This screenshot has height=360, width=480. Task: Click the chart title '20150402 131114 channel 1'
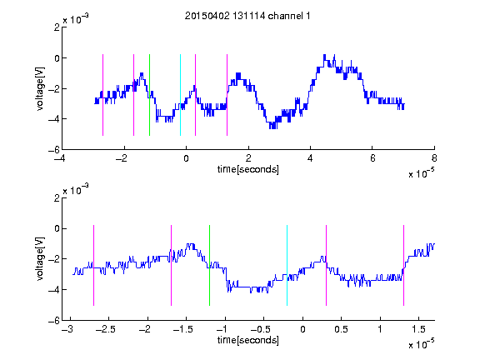(247, 16)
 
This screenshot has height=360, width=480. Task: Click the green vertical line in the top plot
(149, 95)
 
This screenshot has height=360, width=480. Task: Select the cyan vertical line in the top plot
(180, 95)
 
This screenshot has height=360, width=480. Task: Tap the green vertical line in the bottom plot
(209, 265)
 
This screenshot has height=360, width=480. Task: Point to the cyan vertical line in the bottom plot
(287, 265)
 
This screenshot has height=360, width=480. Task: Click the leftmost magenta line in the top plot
(102, 95)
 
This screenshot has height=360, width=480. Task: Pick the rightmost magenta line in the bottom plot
(403, 265)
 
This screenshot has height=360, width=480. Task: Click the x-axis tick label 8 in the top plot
(434, 158)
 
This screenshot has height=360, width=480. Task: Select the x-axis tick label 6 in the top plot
(372, 158)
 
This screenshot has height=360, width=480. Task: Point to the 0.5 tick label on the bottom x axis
(341, 329)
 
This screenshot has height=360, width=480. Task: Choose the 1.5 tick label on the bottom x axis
(418, 329)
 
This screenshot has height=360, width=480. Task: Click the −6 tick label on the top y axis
(54, 150)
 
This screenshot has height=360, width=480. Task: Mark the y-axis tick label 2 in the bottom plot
(57, 198)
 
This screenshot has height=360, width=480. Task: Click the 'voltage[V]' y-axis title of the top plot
(40, 89)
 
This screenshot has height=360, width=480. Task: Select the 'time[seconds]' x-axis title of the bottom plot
(248, 340)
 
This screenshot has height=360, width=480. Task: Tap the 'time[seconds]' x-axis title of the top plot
(248, 169)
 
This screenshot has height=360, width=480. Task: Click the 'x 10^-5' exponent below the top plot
(421, 173)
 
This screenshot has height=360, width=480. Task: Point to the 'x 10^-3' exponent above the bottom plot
(76, 190)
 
